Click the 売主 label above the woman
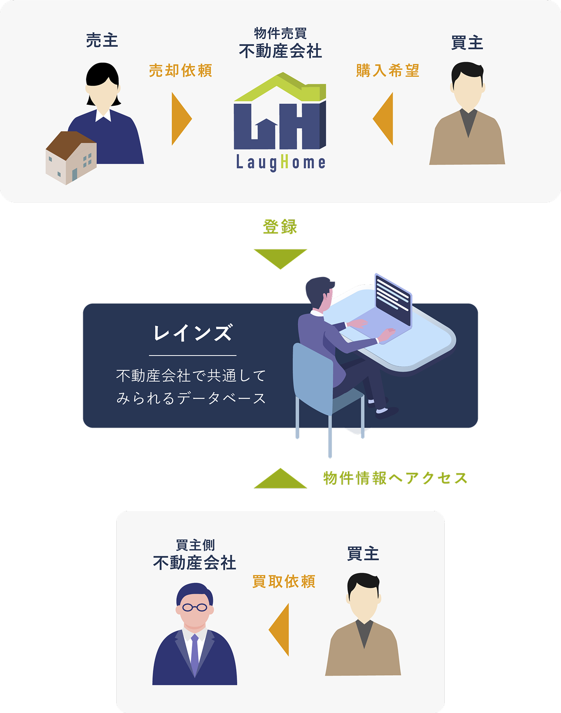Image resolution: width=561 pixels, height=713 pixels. (102, 41)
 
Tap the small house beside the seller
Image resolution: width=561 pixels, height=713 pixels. (71, 157)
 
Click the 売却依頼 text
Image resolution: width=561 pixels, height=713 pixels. (180, 71)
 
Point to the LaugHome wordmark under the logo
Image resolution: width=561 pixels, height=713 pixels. (280, 163)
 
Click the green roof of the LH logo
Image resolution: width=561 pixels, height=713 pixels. (280, 88)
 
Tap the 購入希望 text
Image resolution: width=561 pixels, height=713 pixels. (388, 71)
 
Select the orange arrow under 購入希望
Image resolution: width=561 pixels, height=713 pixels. (384, 119)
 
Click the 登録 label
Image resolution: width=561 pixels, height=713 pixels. (280, 227)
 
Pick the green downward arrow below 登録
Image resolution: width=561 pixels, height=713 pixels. (280, 258)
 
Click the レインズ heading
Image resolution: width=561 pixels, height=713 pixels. (193, 333)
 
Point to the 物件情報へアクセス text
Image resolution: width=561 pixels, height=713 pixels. (395, 478)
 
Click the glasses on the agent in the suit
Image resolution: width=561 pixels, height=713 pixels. (194, 608)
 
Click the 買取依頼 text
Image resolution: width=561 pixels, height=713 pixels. (284, 582)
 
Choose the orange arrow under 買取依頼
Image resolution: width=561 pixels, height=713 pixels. (280, 630)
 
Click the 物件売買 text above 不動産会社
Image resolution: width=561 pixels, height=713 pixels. (280, 34)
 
